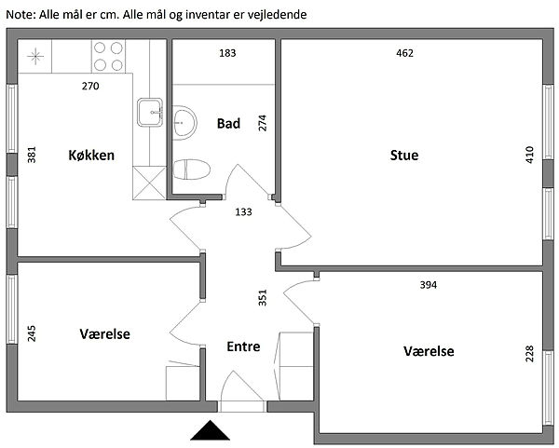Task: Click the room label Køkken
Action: coord(91,155)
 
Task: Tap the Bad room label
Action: coord(228,123)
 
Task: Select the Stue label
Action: coord(403,155)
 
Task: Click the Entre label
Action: coord(243,346)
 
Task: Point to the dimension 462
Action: coord(404,53)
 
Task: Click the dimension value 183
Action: coord(227,53)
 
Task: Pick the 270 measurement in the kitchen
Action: coord(89,87)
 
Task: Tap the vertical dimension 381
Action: coord(32,155)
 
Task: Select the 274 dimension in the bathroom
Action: coord(263,122)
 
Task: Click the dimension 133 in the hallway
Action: coord(243,212)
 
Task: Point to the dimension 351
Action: coord(263,297)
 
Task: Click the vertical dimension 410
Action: coord(530,155)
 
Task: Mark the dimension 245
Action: coord(32,333)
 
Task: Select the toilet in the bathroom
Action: coord(192,169)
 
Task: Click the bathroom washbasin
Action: coord(184,120)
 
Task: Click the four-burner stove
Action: coord(109,57)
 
